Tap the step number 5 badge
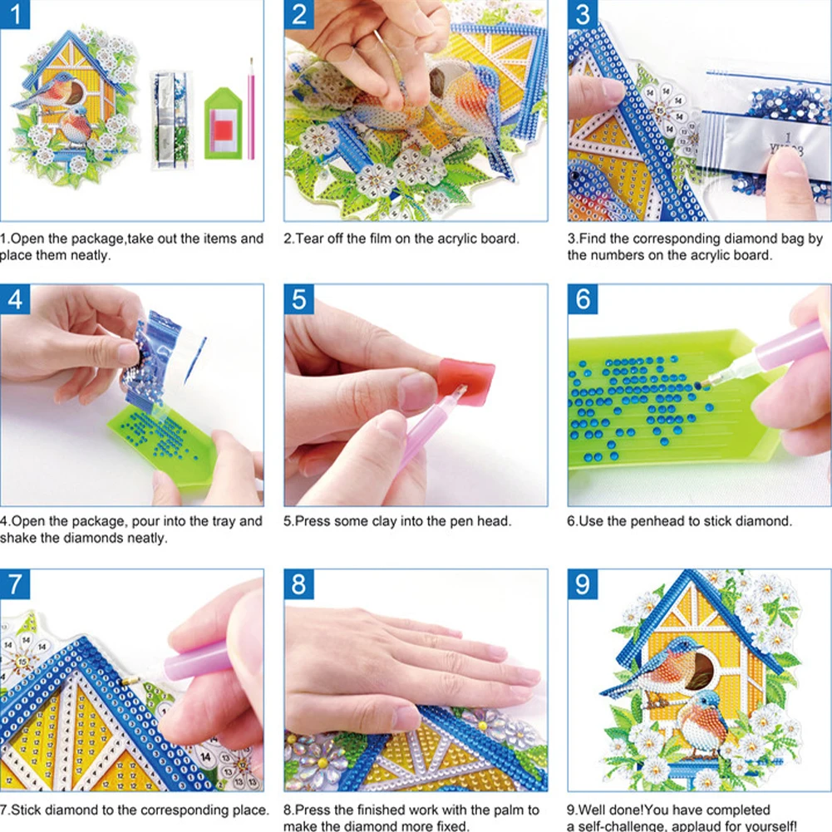click(298, 299)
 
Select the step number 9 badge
click(583, 584)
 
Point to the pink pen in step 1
click(251, 108)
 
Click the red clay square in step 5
click(468, 382)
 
